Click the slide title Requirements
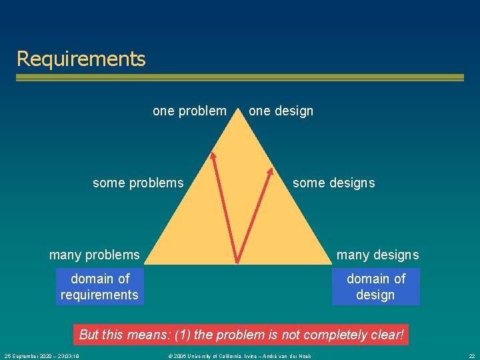point(81,59)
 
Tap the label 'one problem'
point(189,111)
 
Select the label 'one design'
point(281,111)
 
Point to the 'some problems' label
point(138,183)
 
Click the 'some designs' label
point(333,183)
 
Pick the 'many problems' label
point(95,255)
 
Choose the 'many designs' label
point(377,255)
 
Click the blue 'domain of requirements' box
point(99,287)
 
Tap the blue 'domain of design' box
point(375,287)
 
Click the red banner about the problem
point(241,335)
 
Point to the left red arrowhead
point(213,157)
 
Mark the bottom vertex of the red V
point(238,261)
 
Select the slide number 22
point(471,356)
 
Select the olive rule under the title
point(240,78)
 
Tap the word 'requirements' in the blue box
point(99,295)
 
